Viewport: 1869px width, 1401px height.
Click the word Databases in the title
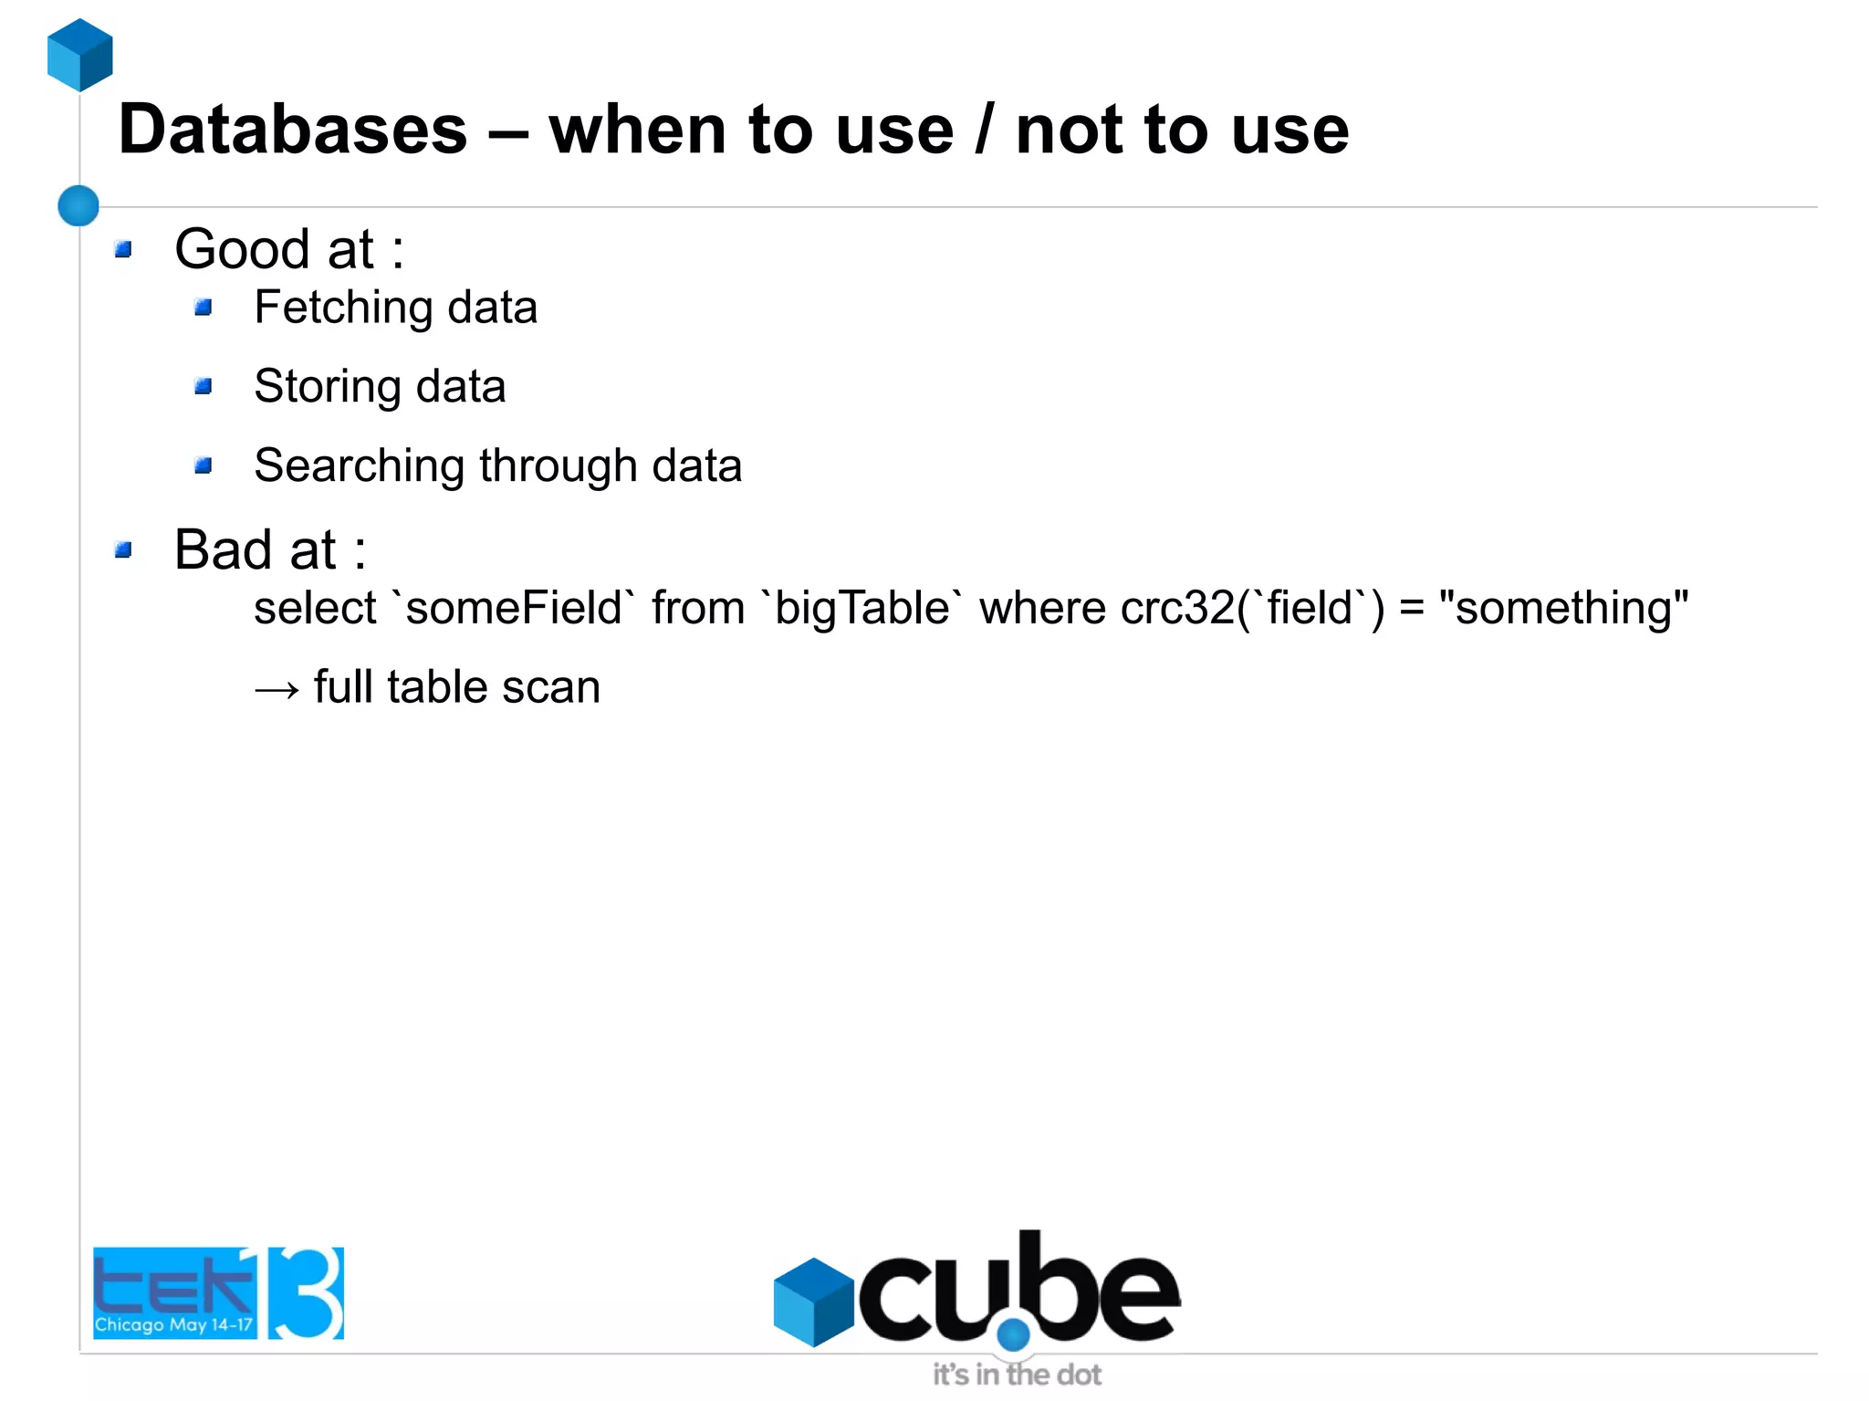pyautogui.click(x=292, y=130)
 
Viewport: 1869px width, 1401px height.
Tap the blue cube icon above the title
pyautogui.click(x=80, y=55)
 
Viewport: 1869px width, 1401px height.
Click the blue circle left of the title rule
pyautogui.click(x=78, y=205)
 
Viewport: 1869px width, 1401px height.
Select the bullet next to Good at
pyautogui.click(x=124, y=249)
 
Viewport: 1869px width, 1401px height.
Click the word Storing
pyautogui.click(x=328, y=386)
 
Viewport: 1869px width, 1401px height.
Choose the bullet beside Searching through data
pyautogui.click(x=204, y=466)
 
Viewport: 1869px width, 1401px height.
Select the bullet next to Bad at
pyautogui.click(x=124, y=549)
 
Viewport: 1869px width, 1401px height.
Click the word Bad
pyautogui.click(x=223, y=549)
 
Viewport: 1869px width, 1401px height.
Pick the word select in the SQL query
pyautogui.click(x=315, y=608)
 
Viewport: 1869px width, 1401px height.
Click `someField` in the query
pyautogui.click(x=513, y=608)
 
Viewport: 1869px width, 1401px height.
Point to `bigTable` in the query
pyautogui.click(x=861, y=608)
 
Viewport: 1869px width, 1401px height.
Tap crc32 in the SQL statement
pyautogui.click(x=1177, y=608)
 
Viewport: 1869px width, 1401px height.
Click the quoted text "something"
pyautogui.click(x=1563, y=608)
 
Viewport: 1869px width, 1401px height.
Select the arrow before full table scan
pyautogui.click(x=277, y=689)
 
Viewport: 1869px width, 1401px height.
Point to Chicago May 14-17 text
pyautogui.click(x=173, y=1324)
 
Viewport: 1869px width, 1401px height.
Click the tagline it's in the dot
pyautogui.click(x=1017, y=1375)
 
